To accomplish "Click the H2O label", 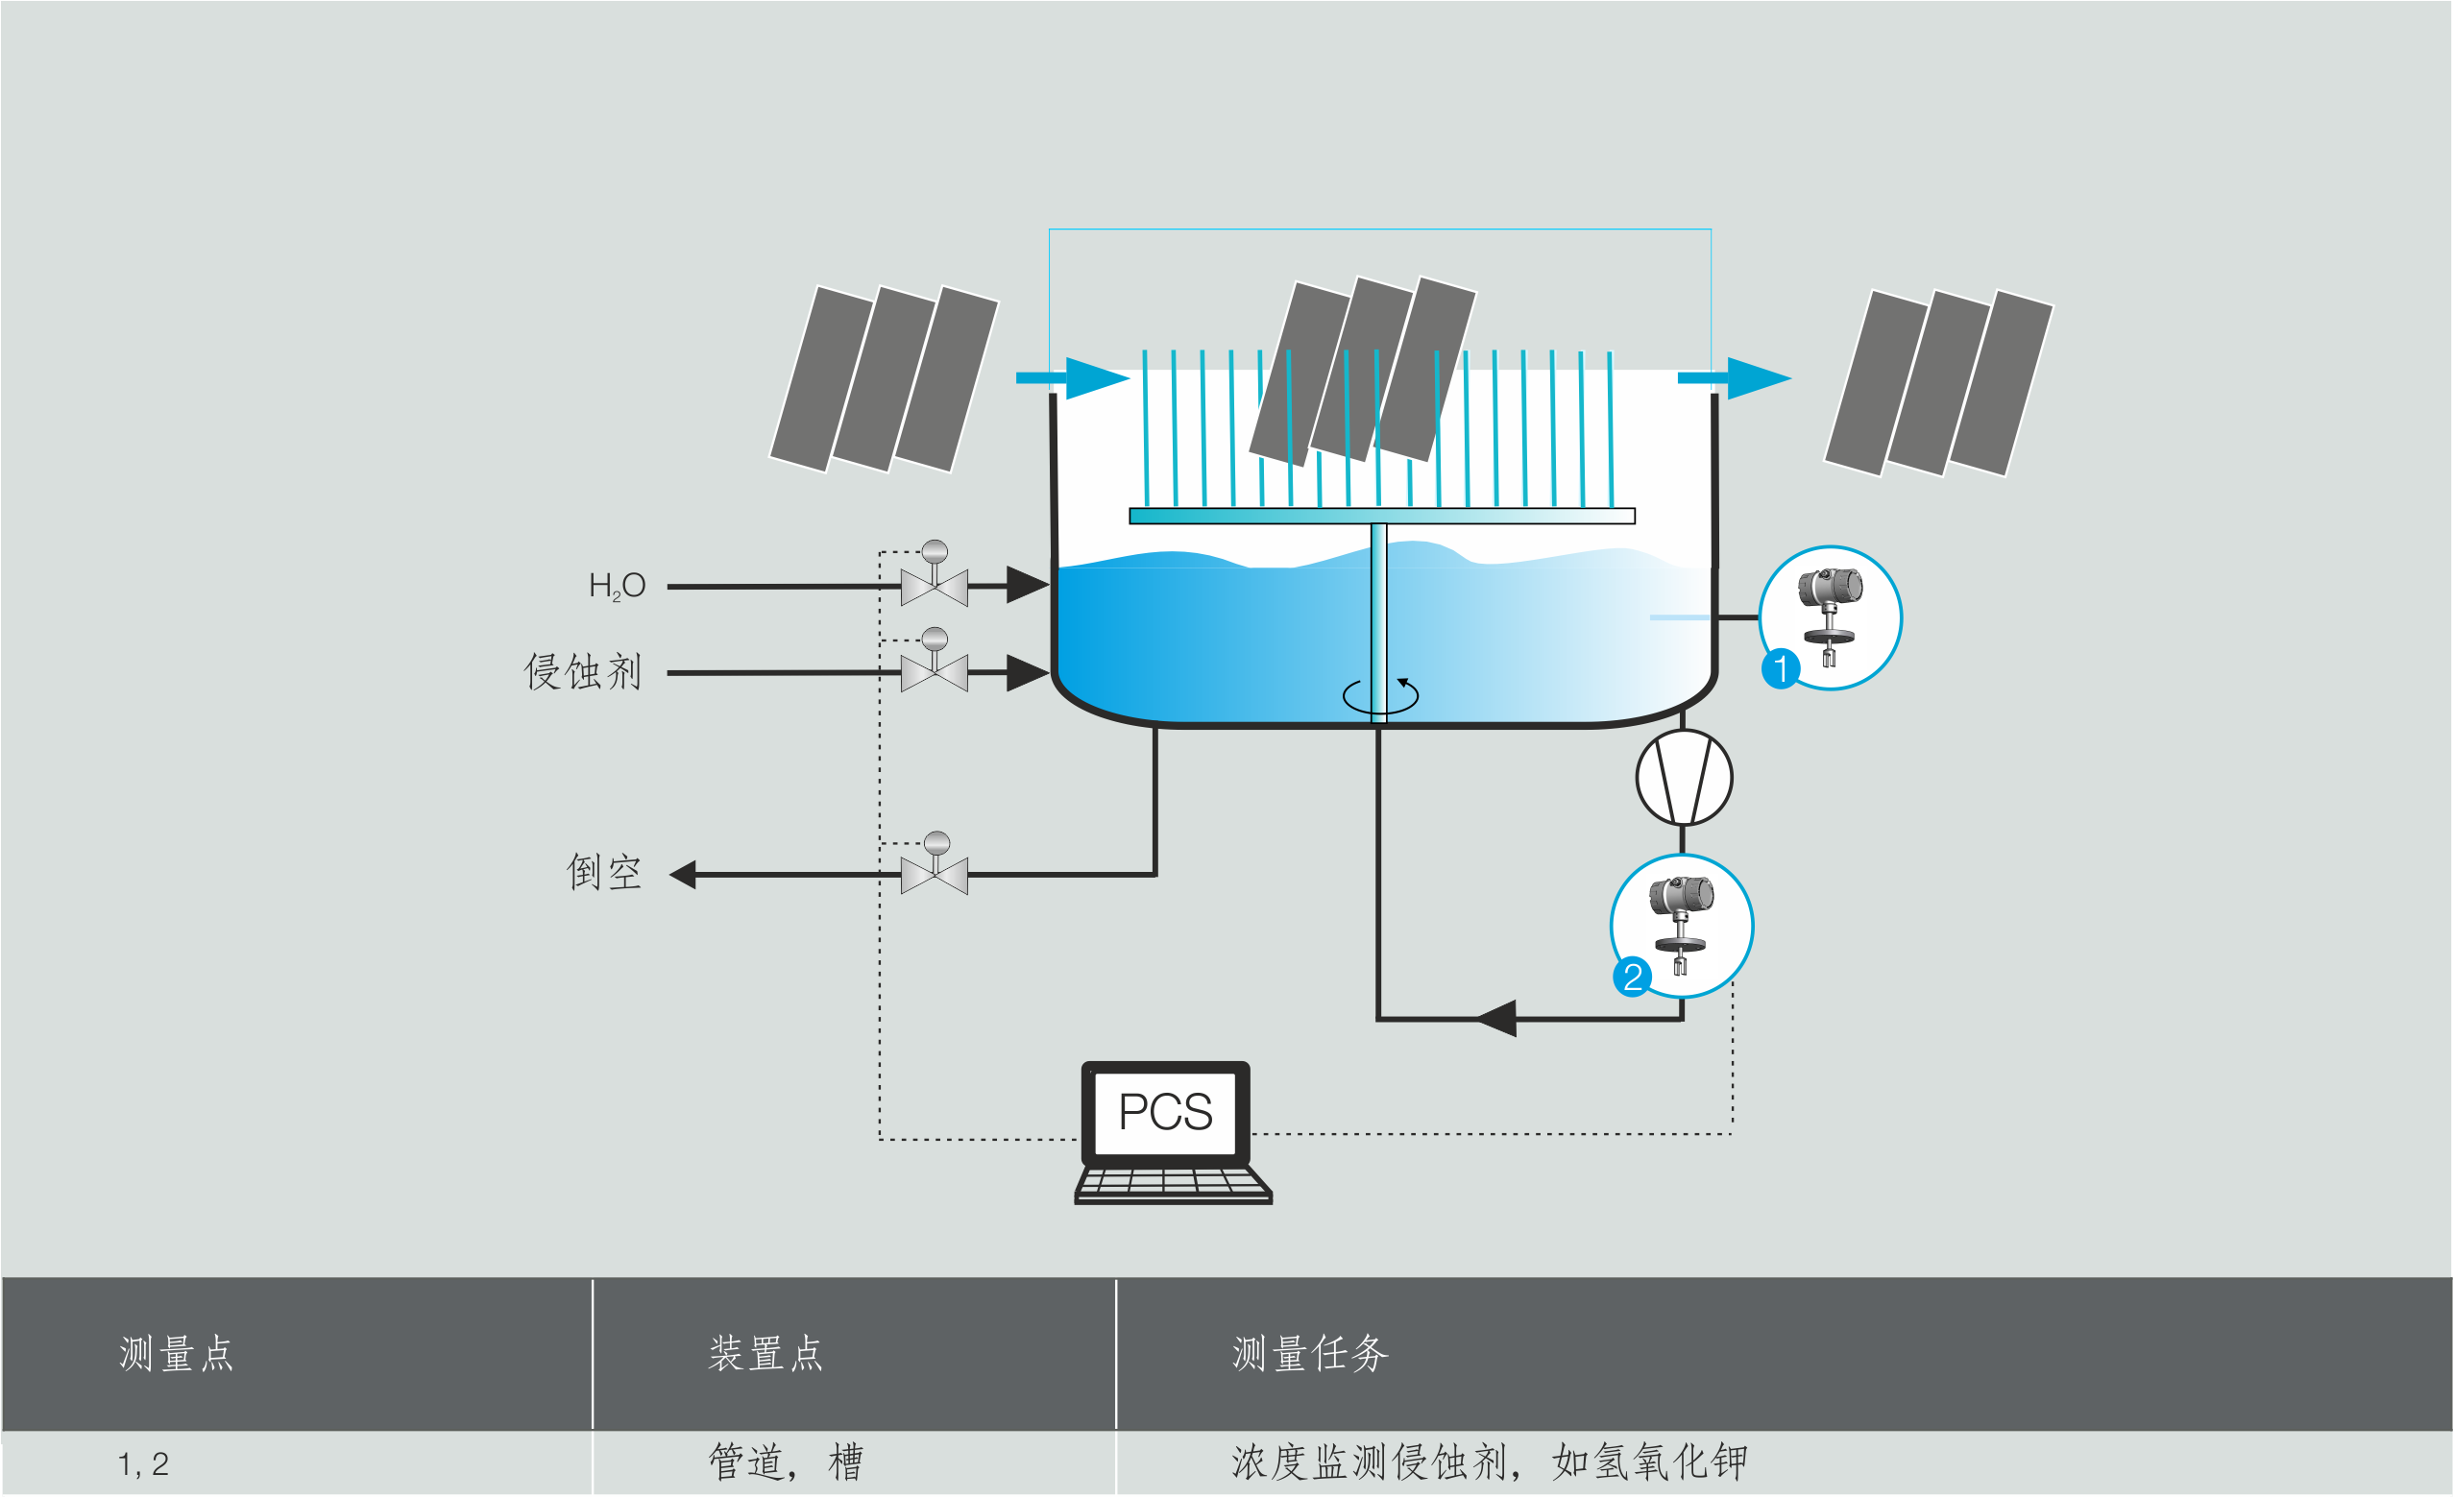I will [617, 586].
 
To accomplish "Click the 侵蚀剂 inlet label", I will [583, 672].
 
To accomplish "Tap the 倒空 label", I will [603, 874].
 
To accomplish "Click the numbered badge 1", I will [1781, 668].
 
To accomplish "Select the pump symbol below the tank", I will [1684, 778].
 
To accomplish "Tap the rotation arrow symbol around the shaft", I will [1380, 695].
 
